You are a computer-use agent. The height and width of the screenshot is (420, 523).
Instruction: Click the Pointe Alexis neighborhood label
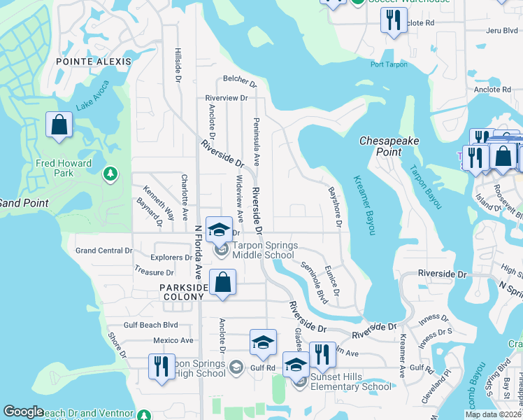pos(95,62)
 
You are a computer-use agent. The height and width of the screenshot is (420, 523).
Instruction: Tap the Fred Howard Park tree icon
pos(110,173)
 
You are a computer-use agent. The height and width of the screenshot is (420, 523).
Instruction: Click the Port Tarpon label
pos(389,65)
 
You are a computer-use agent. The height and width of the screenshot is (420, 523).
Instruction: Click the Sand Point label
pos(24,203)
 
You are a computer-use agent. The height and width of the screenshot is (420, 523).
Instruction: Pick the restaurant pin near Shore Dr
pos(161,366)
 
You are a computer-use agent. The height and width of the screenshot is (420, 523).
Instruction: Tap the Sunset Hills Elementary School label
pos(351,382)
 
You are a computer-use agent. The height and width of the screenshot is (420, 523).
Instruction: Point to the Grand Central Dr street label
pos(103,251)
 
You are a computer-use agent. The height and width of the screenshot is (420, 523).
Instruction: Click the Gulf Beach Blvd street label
pos(151,325)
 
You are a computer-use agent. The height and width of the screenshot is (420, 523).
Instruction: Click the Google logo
pos(24,412)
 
